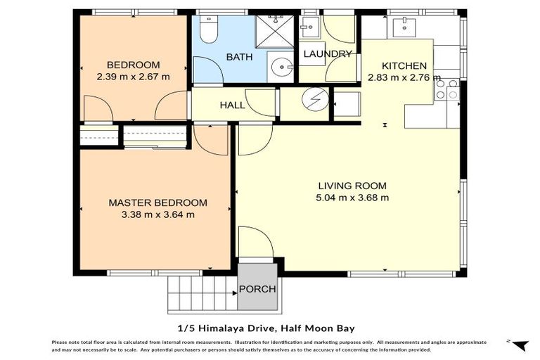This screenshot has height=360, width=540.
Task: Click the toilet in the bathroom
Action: click(x=209, y=30)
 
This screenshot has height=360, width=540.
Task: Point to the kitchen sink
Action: click(x=404, y=29)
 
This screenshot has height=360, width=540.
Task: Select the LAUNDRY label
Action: click(x=327, y=54)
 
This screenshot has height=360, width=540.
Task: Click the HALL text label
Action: click(x=232, y=105)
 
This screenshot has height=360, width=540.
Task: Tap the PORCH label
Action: click(x=257, y=289)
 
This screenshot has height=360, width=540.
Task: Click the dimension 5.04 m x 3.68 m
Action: click(x=352, y=198)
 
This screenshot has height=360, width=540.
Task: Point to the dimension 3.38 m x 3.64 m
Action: click(x=157, y=215)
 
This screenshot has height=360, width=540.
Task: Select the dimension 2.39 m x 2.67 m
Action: click(x=133, y=77)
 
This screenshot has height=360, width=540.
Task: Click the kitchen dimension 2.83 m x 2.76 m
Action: click(x=404, y=77)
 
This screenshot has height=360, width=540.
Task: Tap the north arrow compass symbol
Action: click(x=518, y=345)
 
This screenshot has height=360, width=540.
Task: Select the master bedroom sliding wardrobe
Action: click(x=155, y=136)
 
